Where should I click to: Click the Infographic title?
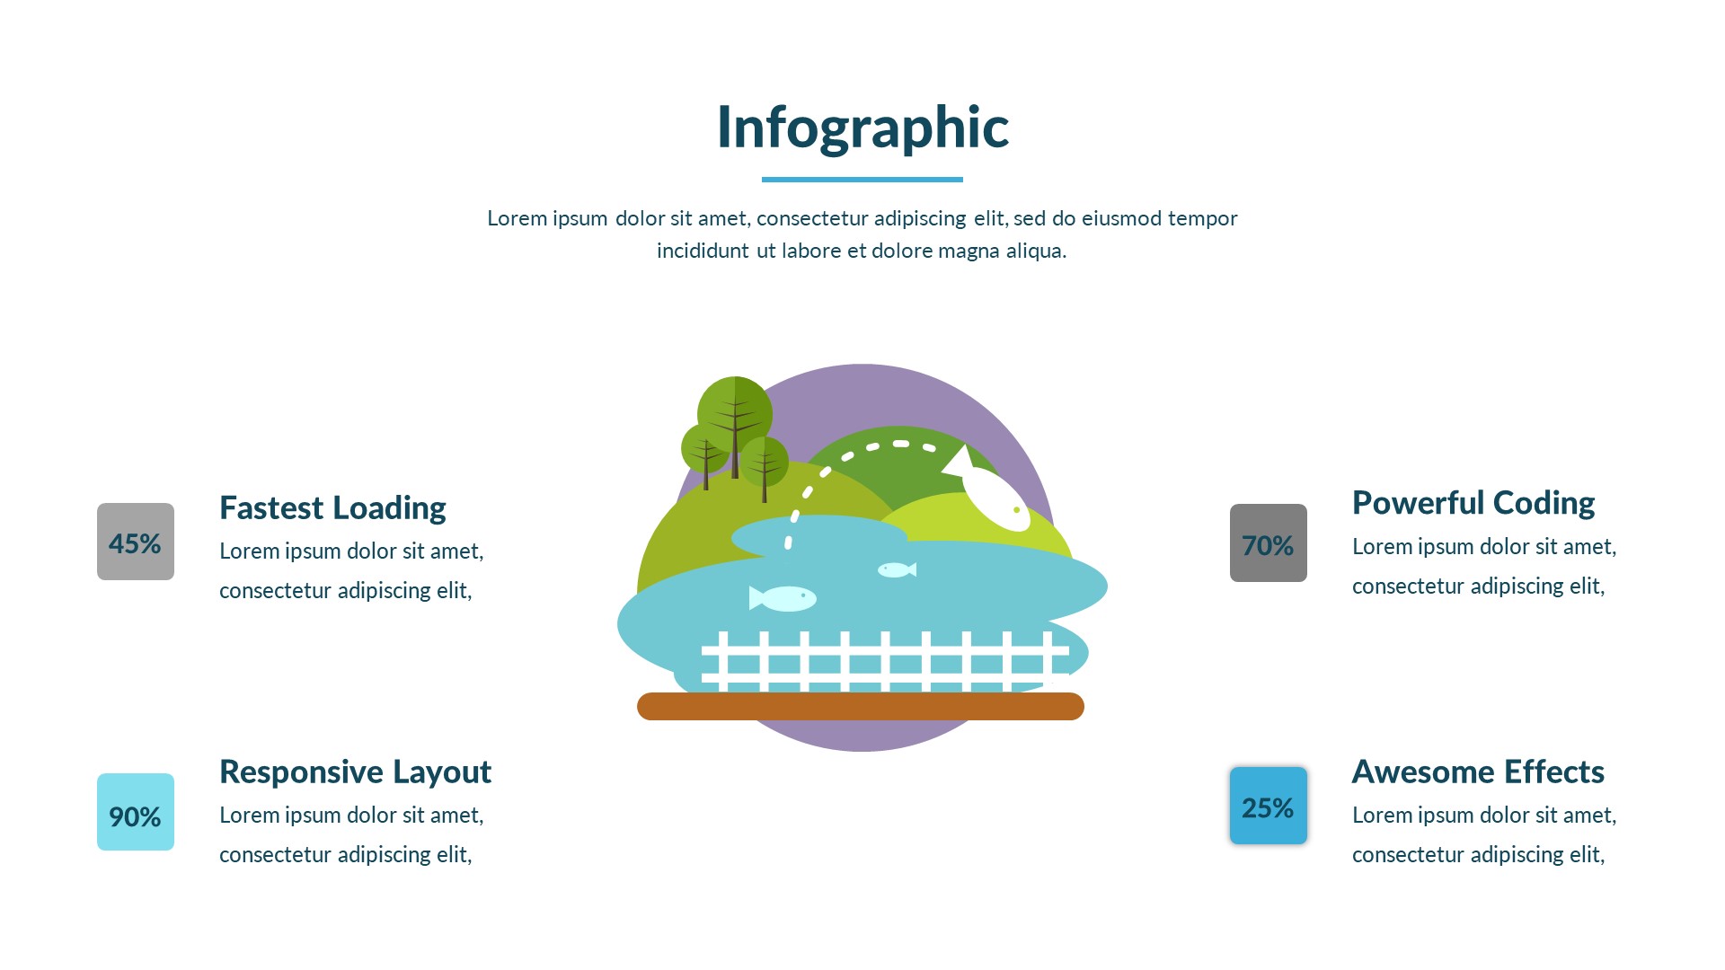(862, 128)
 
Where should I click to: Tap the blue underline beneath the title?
(862, 180)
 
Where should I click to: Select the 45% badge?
(136, 542)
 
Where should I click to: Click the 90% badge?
(136, 812)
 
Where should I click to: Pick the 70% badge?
(1269, 542)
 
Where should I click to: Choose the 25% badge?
(1269, 806)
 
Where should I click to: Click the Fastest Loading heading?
(332, 508)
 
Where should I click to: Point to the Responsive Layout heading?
(356, 772)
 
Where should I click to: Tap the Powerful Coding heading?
(1473, 504)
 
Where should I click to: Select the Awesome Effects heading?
(1478, 772)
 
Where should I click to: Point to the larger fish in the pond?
(783, 598)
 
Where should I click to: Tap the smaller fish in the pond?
(897, 569)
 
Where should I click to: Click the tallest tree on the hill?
(735, 422)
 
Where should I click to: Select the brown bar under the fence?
(861, 706)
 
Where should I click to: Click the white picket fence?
(885, 661)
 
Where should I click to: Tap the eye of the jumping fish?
(1017, 510)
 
